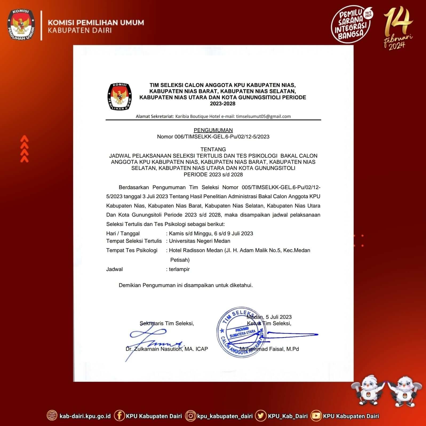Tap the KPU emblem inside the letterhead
tap(120, 96)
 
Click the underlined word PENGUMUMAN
tap(213, 130)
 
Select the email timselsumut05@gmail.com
tap(263, 116)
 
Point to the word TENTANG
tap(213, 149)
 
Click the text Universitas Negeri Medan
tap(200, 241)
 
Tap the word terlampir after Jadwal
tap(179, 269)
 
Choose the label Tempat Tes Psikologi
tap(132, 250)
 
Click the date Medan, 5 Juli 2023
tap(269, 317)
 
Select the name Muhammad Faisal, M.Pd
tap(269, 349)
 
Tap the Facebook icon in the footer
tap(119, 416)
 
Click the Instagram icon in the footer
tap(190, 416)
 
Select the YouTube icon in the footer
tap(316, 416)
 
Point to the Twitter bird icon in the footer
tap(261, 416)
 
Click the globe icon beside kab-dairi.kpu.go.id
tap(52, 416)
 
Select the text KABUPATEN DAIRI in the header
tap(80, 30)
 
